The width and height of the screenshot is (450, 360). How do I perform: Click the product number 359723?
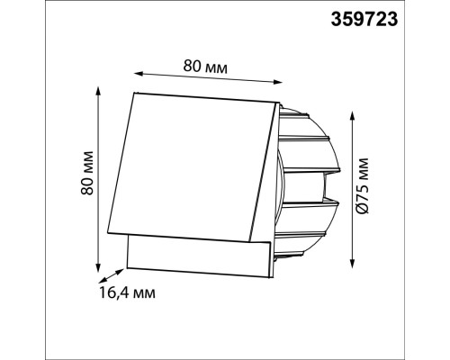(364, 20)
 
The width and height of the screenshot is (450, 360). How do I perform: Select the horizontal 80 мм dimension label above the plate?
(205, 67)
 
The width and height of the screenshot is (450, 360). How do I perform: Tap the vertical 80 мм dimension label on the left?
(87, 174)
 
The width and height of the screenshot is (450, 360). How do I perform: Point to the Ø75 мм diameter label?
(363, 185)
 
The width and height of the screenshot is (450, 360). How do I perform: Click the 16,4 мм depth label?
(127, 292)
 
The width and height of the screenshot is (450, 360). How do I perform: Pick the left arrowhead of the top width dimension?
(138, 73)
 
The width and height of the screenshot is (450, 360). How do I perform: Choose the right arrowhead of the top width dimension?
(278, 82)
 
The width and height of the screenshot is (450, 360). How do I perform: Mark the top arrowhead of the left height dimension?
(97, 91)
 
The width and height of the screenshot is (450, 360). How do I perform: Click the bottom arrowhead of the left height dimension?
(97, 268)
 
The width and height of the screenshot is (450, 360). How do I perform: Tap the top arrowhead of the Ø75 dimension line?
(353, 115)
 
